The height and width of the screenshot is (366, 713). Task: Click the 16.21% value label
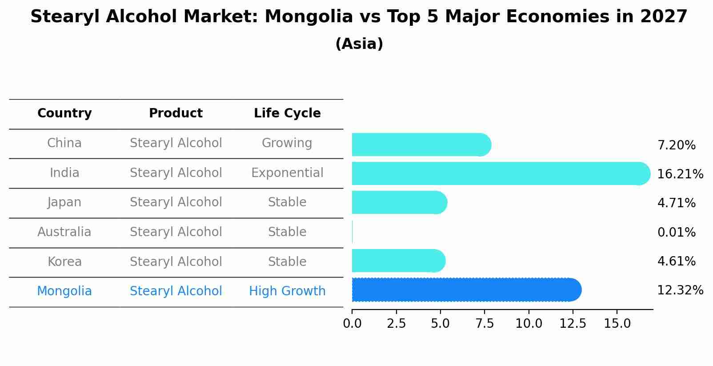pyautogui.click(x=680, y=174)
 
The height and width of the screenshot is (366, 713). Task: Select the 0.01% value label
pyautogui.click(x=676, y=232)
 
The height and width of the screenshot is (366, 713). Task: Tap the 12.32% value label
pyautogui.click(x=680, y=290)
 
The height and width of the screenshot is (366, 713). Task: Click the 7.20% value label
pyautogui.click(x=676, y=145)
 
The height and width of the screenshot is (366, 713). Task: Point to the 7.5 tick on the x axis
pyautogui.click(x=485, y=324)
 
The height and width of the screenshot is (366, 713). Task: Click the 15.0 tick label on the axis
pyautogui.click(x=617, y=324)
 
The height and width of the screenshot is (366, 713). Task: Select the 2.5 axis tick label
pyautogui.click(x=396, y=324)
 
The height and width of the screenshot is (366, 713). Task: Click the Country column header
pyautogui.click(x=64, y=113)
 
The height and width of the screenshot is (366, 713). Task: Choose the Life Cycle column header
pyautogui.click(x=287, y=113)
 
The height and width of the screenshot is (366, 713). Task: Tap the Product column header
pyautogui.click(x=176, y=113)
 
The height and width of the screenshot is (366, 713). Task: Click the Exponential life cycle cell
pyautogui.click(x=287, y=173)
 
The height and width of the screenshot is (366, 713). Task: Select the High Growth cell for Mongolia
pyautogui.click(x=287, y=291)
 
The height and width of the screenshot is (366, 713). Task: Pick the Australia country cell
pyautogui.click(x=64, y=232)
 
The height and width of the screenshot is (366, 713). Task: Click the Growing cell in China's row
pyautogui.click(x=287, y=143)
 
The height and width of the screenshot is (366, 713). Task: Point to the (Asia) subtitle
pyautogui.click(x=359, y=44)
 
